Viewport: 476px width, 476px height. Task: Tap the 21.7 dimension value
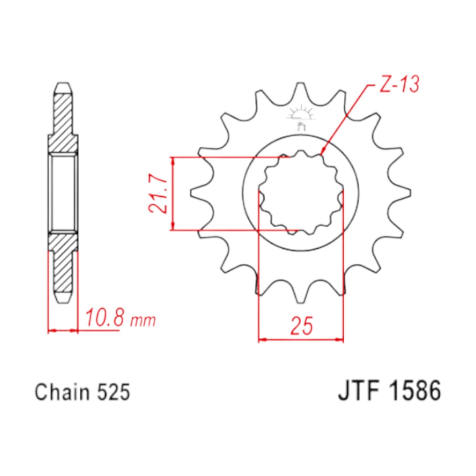158,193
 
